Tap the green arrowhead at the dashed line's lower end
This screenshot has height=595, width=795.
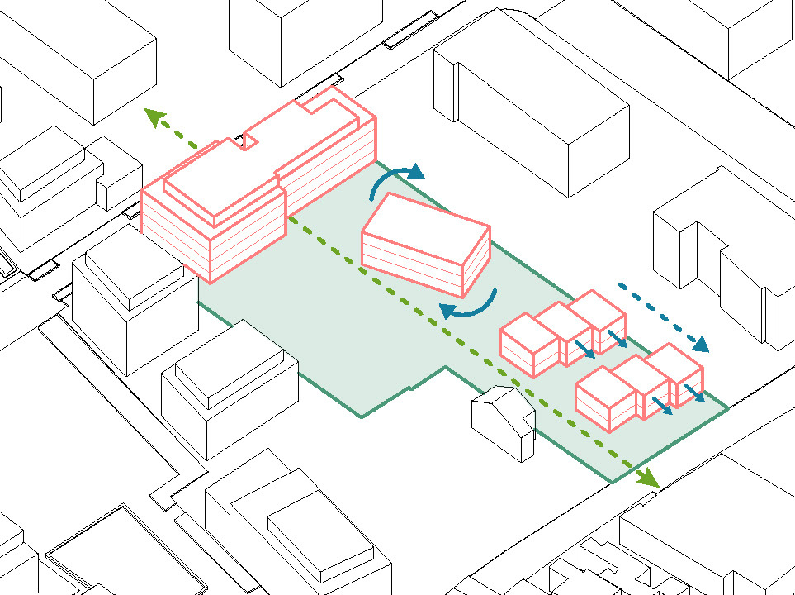(x=649, y=477)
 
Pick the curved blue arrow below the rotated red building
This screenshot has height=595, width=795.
(x=469, y=305)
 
